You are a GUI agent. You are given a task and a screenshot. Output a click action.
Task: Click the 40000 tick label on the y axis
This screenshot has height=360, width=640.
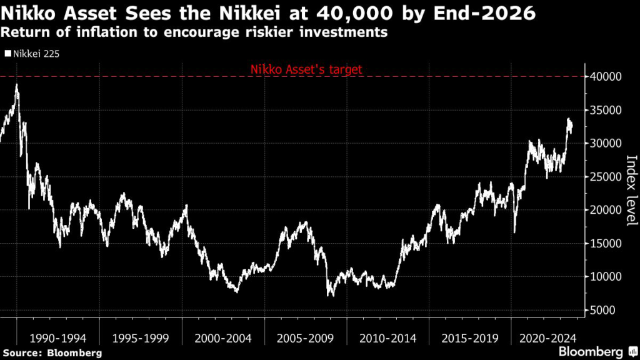coord(604,77)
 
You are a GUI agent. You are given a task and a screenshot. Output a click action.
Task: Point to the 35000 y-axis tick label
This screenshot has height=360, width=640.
coord(604,110)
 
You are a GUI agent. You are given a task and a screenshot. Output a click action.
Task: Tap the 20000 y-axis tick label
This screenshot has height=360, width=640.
coord(604,211)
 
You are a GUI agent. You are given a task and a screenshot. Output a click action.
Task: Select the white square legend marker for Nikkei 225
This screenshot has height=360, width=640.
coord(7,54)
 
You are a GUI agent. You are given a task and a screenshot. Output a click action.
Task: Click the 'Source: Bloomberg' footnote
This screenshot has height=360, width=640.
coord(51,353)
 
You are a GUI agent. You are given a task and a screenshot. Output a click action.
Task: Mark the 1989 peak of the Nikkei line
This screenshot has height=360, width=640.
coord(17,86)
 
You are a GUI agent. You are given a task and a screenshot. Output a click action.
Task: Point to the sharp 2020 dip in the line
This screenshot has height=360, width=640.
coord(515,231)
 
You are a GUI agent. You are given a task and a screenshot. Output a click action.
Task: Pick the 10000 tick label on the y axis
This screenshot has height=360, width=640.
coord(604,277)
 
